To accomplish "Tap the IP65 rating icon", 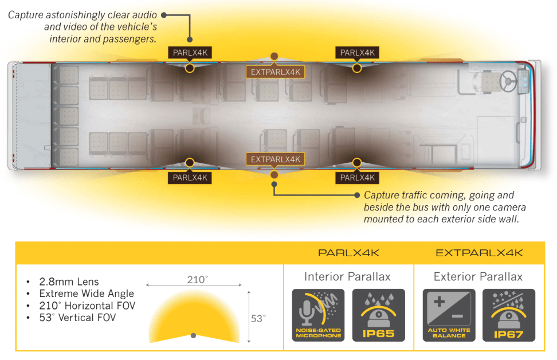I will click(x=378, y=315).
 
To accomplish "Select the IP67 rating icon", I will click(x=508, y=315).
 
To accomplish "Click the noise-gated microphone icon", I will click(x=318, y=315).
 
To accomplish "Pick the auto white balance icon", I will click(x=449, y=315).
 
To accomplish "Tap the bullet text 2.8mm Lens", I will click(x=69, y=282).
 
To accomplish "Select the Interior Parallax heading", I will click(x=347, y=277).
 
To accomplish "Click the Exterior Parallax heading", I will click(x=478, y=277).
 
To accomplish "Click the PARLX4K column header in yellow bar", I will click(x=348, y=253).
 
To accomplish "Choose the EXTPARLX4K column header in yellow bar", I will click(x=479, y=253).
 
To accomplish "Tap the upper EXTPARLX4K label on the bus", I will click(x=275, y=72).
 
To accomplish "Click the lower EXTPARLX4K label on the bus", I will click(x=275, y=159).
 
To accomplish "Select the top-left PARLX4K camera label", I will click(x=190, y=53).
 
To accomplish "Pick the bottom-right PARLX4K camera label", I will click(x=357, y=178).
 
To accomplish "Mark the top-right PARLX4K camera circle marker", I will click(x=357, y=68).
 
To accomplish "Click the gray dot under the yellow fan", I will click(x=194, y=335).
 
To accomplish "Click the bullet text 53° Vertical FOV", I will click(x=77, y=317).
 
